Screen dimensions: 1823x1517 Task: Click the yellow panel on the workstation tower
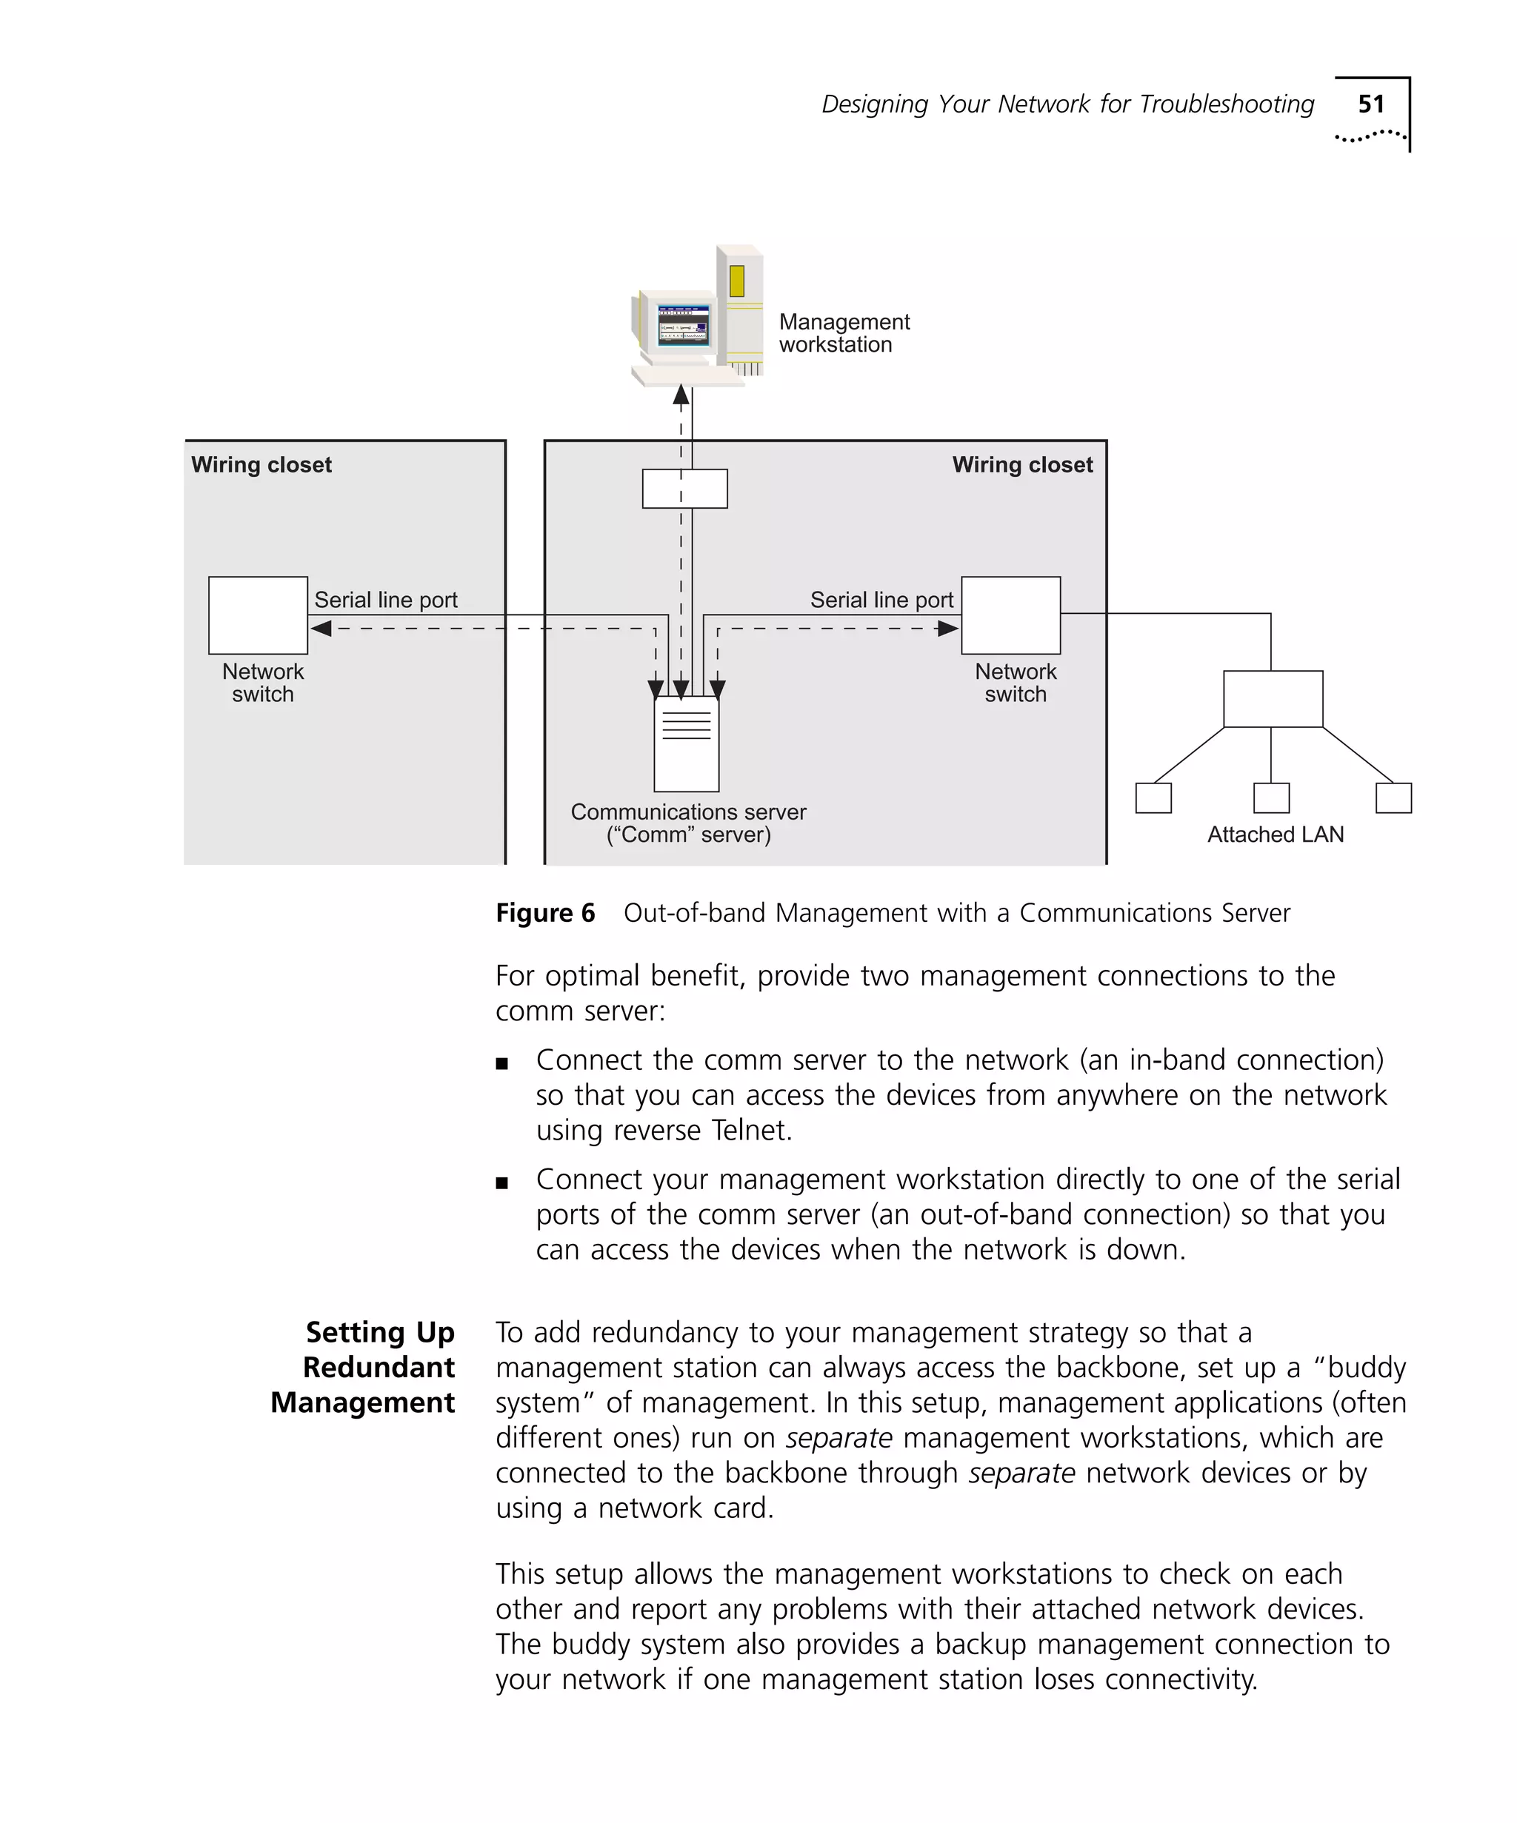(736, 281)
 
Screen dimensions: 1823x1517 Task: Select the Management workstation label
(842, 333)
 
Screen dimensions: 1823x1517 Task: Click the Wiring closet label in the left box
(261, 464)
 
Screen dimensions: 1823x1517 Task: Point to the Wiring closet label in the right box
(1021, 464)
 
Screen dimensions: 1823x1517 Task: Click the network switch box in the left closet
(258, 615)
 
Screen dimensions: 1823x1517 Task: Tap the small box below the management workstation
(684, 488)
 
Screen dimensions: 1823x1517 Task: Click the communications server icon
(686, 743)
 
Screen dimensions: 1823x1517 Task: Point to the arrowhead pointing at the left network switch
(321, 628)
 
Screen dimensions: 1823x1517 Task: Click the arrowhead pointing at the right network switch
(948, 628)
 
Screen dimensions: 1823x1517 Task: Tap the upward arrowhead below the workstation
(681, 396)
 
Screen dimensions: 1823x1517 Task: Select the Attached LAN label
(1275, 834)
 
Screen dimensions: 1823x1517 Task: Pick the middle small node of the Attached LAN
(1270, 797)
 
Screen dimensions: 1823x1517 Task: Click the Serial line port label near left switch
(385, 600)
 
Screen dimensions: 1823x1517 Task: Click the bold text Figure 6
(545, 912)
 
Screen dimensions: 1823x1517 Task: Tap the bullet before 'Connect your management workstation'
(501, 1183)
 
